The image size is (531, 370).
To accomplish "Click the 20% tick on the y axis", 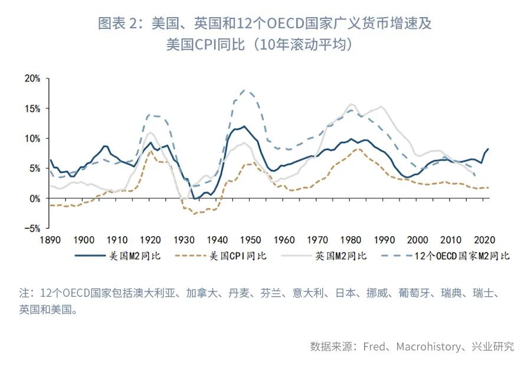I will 32,78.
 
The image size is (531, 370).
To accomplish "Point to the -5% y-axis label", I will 32,228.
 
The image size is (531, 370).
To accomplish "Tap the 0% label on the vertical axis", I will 34,198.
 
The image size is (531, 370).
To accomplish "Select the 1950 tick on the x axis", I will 250,240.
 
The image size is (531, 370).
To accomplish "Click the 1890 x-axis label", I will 50,240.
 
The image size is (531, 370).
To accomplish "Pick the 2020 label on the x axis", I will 484,240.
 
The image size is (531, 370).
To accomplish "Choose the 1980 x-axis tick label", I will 350,240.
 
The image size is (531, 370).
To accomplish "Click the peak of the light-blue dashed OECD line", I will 245,90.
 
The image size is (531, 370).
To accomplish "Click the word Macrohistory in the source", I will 425,346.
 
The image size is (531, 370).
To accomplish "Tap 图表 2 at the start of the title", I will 119,24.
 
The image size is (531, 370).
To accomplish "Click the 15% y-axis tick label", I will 32,108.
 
